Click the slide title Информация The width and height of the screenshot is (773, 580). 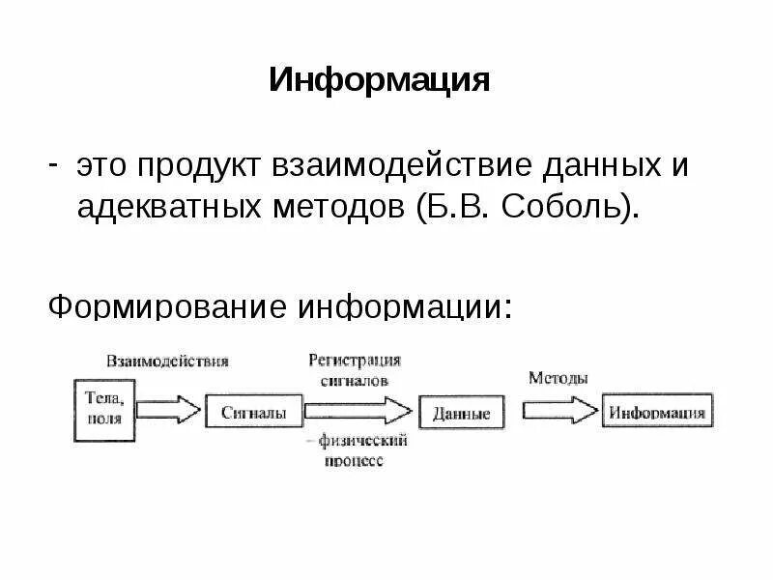[380, 79]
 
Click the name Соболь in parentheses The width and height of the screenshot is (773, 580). [562, 207]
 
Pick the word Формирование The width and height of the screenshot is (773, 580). [168, 306]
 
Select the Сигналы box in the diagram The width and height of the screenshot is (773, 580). [253, 412]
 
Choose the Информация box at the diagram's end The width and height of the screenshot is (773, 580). [657, 413]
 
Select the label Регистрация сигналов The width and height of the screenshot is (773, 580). [355, 369]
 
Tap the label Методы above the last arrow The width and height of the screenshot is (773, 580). [558, 378]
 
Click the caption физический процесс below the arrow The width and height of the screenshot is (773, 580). [357, 450]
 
